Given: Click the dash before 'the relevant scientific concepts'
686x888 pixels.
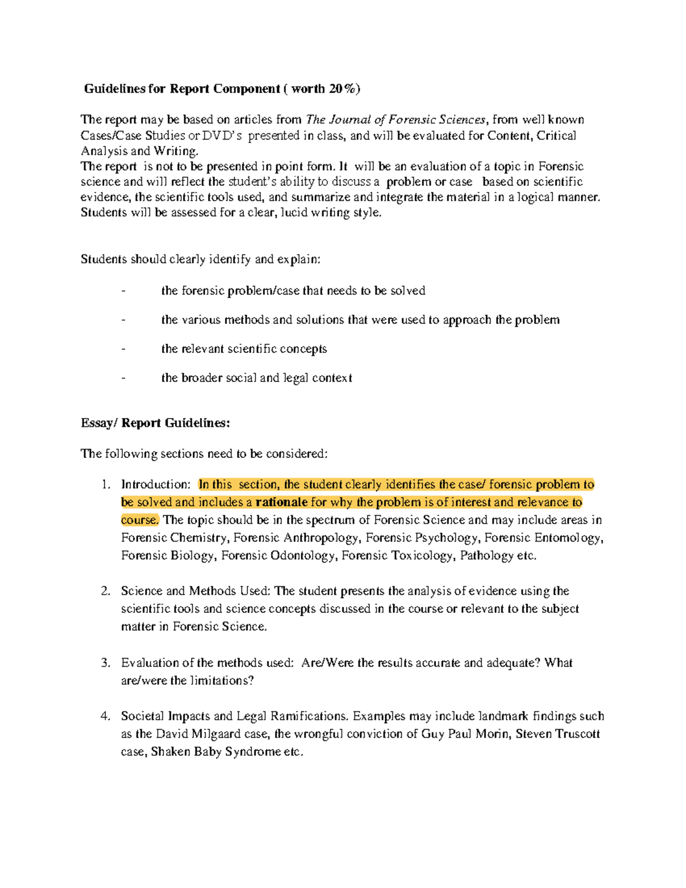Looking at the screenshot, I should (123, 349).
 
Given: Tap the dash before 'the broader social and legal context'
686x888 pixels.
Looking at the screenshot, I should (123, 379).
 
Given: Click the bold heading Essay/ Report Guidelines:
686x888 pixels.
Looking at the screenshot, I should (155, 423).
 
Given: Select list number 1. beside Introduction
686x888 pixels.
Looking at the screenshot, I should (105, 485).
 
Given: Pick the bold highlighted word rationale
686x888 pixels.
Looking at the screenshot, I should (281, 503).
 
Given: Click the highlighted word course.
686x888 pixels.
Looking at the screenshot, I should (139, 520).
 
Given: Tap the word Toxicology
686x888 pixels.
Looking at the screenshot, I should (423, 556).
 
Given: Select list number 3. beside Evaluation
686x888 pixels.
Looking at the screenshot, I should (105, 663).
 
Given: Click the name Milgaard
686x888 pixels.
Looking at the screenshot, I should (213, 734).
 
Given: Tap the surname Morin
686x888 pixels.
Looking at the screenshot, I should (491, 734).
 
